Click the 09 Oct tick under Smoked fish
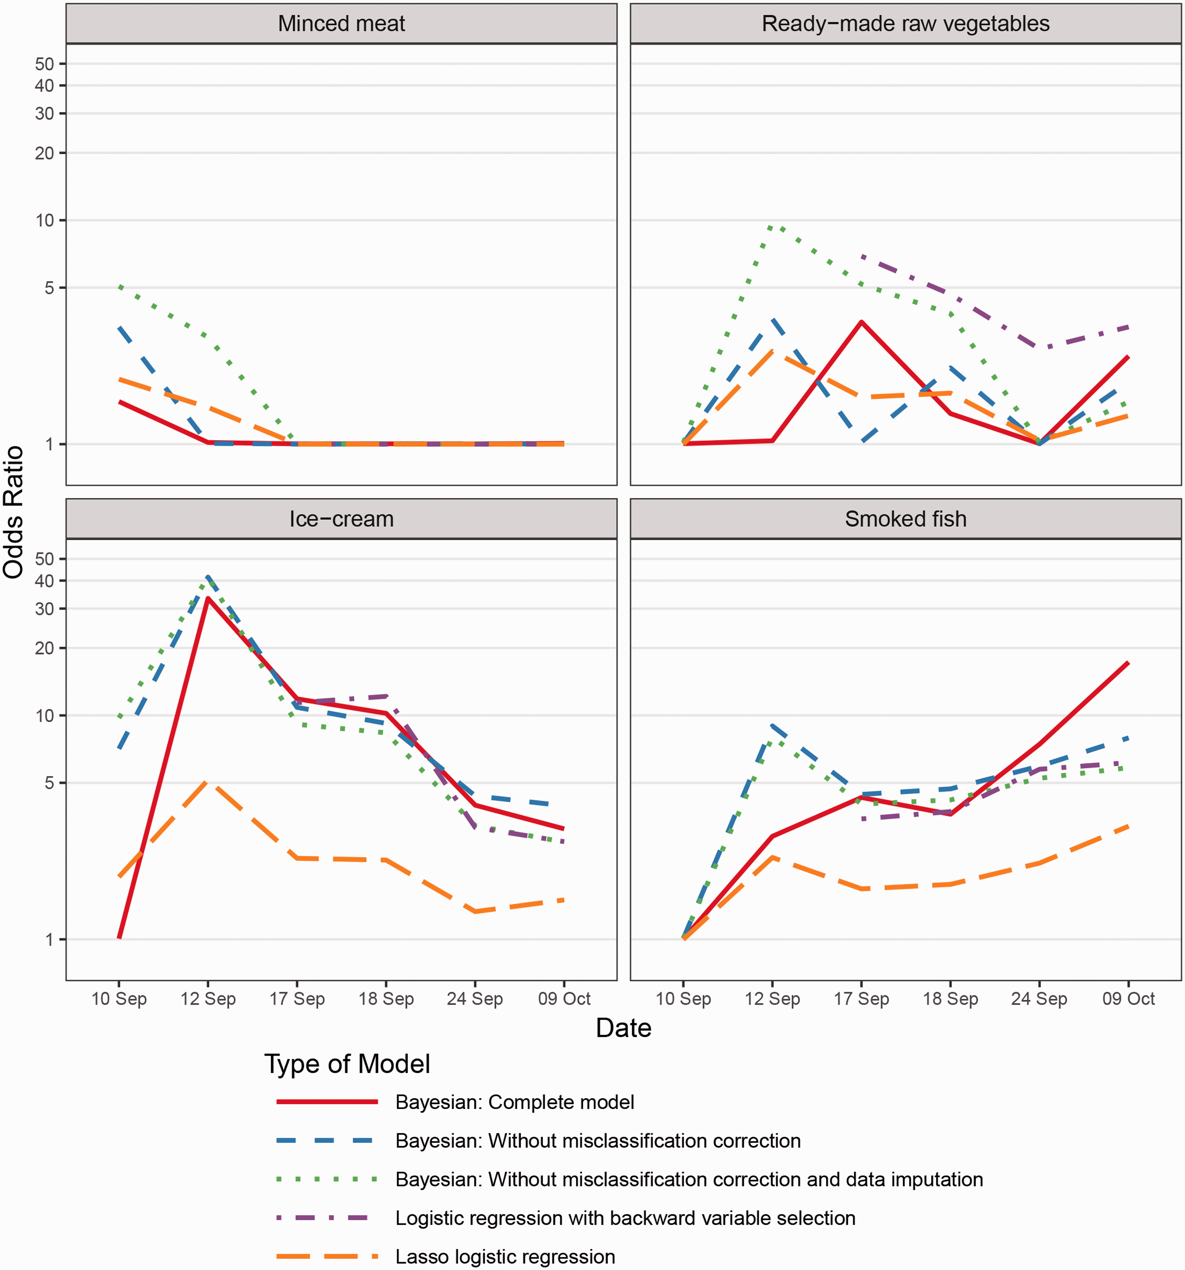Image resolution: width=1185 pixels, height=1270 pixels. point(1128,998)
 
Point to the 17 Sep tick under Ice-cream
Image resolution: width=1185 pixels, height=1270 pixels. point(297,998)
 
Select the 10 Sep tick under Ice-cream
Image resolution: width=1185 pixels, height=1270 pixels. point(119,998)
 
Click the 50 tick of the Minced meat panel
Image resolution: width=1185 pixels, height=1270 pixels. point(44,64)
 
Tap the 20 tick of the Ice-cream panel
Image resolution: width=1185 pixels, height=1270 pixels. point(44,648)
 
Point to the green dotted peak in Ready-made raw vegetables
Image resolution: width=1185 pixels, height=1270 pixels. point(772,226)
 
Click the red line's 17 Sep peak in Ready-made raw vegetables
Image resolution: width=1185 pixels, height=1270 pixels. point(861,322)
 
